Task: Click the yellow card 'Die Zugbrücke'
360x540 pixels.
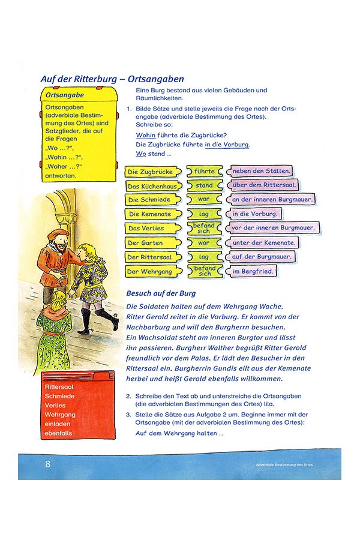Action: [x=151, y=172]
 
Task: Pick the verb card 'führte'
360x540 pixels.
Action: [x=204, y=172]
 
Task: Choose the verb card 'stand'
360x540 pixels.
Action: [x=204, y=185]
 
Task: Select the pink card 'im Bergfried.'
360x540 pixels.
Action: [x=253, y=271]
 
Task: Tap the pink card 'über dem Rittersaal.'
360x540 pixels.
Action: [x=263, y=185]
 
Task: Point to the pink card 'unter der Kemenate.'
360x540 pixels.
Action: [x=264, y=242]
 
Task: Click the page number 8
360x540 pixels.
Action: [x=48, y=464]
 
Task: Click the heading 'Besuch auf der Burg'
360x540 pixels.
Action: [x=161, y=293]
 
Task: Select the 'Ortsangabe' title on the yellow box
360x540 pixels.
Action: [x=65, y=95]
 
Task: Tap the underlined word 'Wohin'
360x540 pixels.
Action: [x=146, y=135]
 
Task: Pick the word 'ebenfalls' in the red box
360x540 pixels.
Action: [x=58, y=433]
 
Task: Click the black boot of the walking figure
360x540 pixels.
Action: [x=108, y=316]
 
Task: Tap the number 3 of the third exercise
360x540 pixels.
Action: [x=128, y=414]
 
